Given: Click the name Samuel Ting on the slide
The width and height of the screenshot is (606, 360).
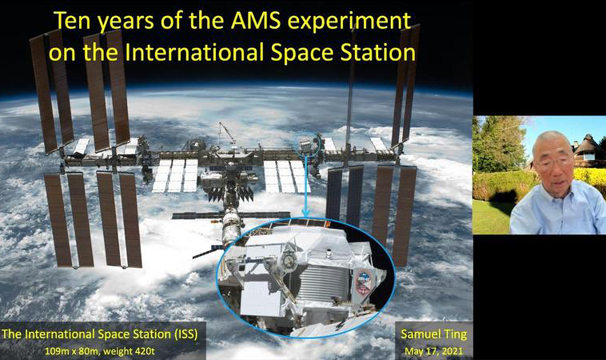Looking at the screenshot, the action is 434,334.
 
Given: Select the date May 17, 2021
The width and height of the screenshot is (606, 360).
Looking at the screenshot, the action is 434,351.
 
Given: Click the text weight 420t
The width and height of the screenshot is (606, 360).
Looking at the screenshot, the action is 131,352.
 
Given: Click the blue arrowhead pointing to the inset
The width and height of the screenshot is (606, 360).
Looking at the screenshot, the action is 306,212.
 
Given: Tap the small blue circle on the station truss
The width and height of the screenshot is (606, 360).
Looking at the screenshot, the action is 308,144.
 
